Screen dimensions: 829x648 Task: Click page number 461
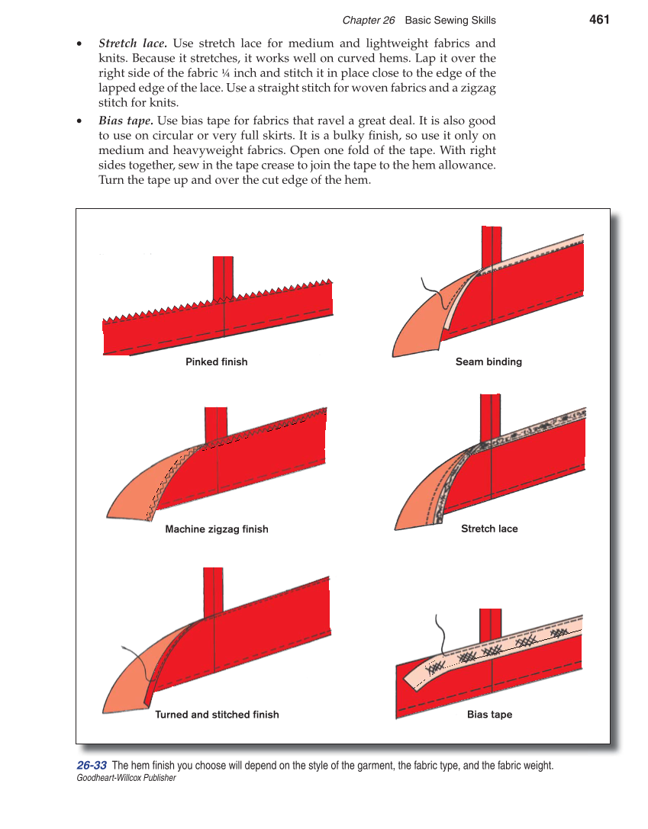(599, 20)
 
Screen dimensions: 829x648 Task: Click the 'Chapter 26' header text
(368, 21)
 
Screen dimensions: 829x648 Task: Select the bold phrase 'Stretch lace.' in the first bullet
(133, 43)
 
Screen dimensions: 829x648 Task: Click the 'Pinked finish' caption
(217, 361)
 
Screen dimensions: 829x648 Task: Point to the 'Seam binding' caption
(488, 361)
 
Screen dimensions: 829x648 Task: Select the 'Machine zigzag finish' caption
(217, 529)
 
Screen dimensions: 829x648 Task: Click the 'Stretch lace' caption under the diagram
(489, 529)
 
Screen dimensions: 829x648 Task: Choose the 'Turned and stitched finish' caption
(217, 715)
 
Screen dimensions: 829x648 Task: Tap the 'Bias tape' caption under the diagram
(489, 715)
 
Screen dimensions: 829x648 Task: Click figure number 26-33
(92, 766)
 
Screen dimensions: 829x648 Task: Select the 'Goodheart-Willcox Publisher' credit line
(126, 778)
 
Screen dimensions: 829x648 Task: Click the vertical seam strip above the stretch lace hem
(489, 416)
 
